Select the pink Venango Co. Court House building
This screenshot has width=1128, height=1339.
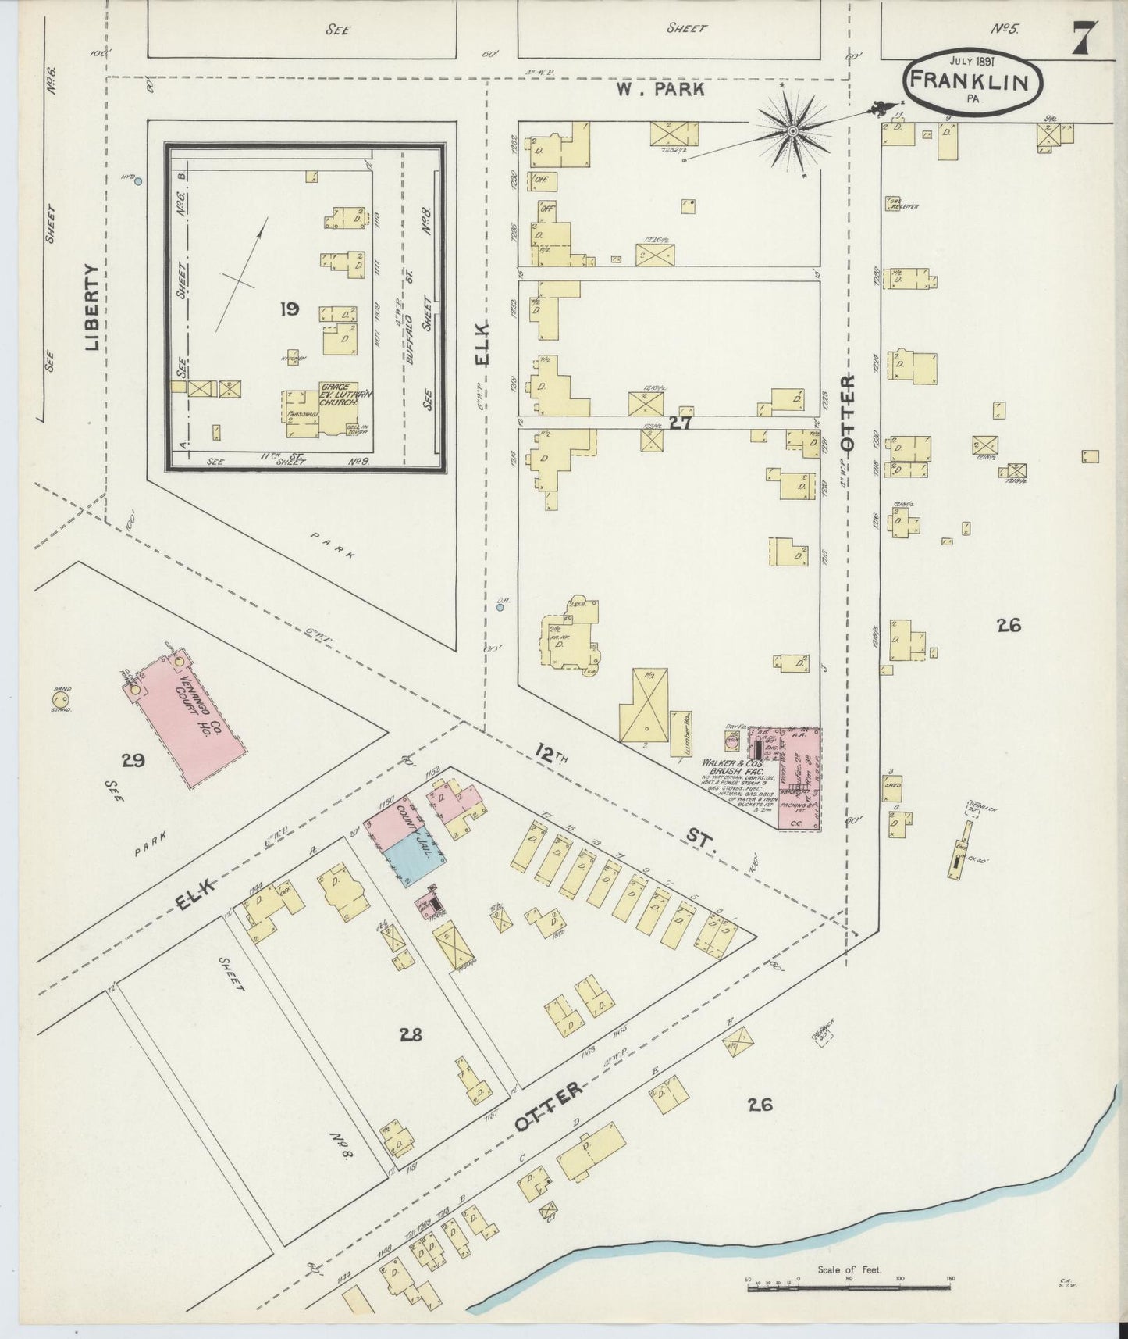tap(186, 716)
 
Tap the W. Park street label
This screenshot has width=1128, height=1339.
tap(660, 90)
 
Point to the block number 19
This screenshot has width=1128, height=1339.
tap(290, 309)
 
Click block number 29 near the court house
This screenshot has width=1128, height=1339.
tap(133, 759)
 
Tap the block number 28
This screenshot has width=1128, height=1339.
tap(411, 1035)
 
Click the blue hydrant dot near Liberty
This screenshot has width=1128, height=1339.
tap(138, 181)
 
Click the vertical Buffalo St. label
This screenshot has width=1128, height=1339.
tap(411, 334)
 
